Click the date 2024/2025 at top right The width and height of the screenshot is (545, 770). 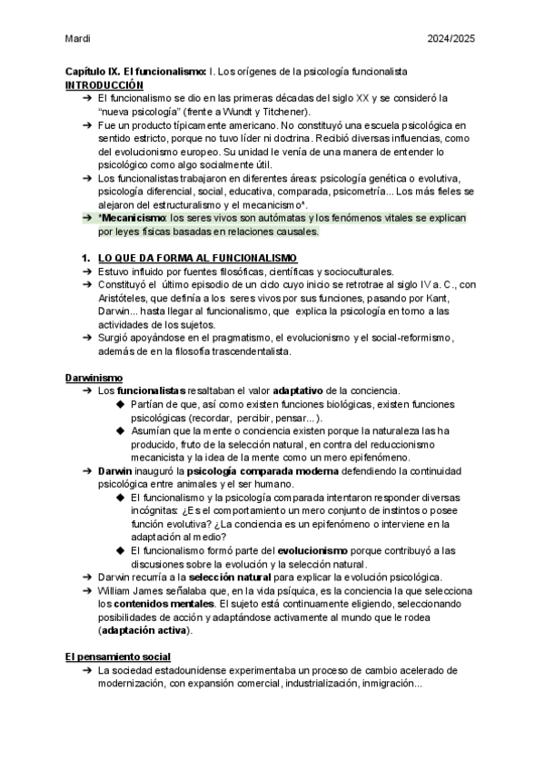tap(451, 39)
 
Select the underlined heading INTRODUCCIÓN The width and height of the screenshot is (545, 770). tap(104, 84)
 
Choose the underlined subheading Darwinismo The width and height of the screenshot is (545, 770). tap(94, 377)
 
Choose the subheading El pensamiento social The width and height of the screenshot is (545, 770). tap(118, 656)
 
